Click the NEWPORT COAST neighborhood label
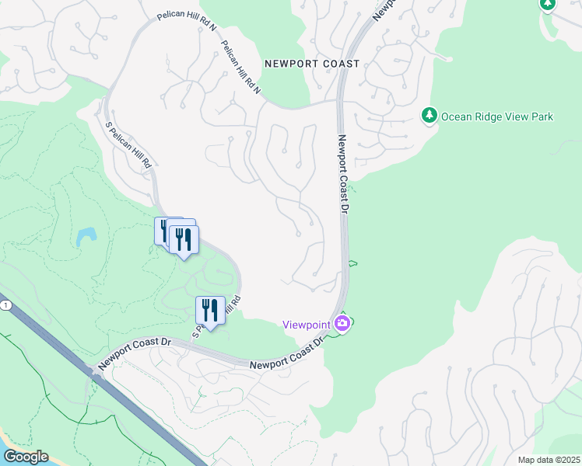(311, 64)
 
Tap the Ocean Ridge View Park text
(496, 116)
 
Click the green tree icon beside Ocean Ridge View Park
(428, 116)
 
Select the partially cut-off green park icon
(547, 5)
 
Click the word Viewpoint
(307, 324)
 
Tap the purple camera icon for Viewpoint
(342, 323)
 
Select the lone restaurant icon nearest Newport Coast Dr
(210, 310)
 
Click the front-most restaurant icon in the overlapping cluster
(184, 239)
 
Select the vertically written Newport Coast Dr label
(342, 176)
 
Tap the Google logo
(26, 457)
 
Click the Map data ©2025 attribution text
(549, 460)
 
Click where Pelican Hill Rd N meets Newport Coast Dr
(338, 100)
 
